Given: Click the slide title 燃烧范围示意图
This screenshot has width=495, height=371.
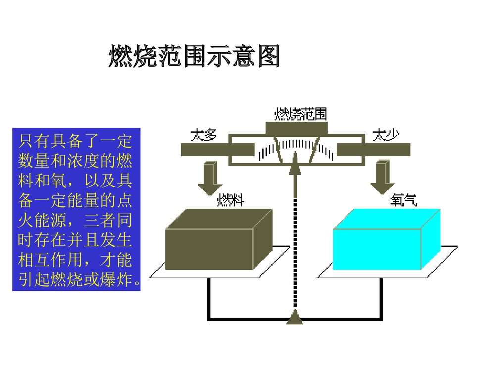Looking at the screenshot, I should pos(194,57).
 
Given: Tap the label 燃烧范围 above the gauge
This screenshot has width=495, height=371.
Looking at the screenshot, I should pos(300,114).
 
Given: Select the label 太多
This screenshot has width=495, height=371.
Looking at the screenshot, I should pos(203,135).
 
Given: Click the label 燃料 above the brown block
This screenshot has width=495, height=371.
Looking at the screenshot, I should pos(230,201).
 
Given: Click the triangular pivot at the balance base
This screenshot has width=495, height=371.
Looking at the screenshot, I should pos(295,318).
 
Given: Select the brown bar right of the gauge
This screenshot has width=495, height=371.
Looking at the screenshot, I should pos(374,149).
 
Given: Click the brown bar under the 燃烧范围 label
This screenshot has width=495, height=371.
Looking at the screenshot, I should pos(297,128).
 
